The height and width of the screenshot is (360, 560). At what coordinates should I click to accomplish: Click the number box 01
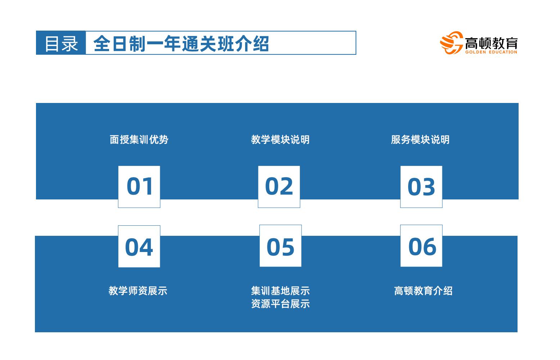click(x=139, y=187)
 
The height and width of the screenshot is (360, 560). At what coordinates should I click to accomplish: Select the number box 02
click(x=279, y=187)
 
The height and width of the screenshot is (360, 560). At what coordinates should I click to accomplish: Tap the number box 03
click(x=421, y=187)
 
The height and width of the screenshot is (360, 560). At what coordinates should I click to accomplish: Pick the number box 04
click(x=139, y=247)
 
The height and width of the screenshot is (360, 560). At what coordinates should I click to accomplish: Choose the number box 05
click(x=280, y=246)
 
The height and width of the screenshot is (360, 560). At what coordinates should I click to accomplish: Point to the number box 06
click(x=421, y=246)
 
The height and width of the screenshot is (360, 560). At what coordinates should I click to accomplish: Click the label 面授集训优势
click(x=139, y=140)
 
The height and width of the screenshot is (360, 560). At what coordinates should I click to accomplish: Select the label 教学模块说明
click(x=280, y=140)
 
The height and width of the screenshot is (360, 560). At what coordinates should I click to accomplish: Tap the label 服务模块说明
click(x=420, y=140)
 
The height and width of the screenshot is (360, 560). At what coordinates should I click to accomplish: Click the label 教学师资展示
click(x=138, y=291)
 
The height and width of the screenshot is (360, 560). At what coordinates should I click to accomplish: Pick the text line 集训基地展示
click(x=280, y=291)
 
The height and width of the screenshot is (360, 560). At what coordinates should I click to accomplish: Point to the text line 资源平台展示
click(x=280, y=304)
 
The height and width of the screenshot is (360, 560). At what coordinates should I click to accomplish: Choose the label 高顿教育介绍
click(x=423, y=291)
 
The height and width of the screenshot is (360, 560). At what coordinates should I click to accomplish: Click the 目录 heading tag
click(x=61, y=43)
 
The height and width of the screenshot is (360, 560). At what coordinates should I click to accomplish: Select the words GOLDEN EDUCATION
click(x=491, y=52)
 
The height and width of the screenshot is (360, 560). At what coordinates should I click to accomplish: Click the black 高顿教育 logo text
click(x=491, y=43)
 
